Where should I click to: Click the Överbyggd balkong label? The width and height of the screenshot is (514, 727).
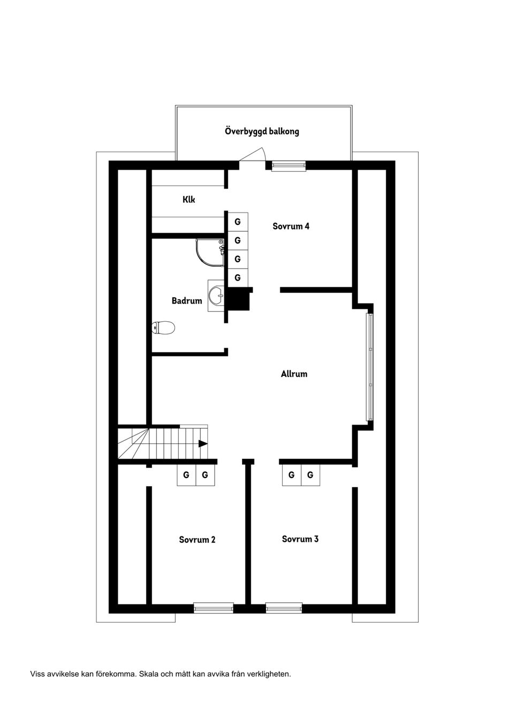(x=262, y=131)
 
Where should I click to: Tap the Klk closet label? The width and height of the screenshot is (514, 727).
(x=188, y=200)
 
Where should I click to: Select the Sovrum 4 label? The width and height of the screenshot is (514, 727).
(x=291, y=226)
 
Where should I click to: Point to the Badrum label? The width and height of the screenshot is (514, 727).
(x=187, y=301)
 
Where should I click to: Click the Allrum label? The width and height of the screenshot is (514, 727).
(x=294, y=374)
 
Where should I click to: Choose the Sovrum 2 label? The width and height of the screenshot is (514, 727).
(x=197, y=540)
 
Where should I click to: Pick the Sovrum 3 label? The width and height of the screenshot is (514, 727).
(x=300, y=539)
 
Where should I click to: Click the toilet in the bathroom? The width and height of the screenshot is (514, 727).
(x=164, y=328)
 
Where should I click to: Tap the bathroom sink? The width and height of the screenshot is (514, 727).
(x=216, y=295)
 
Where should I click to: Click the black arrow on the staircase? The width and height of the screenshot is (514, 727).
(x=203, y=443)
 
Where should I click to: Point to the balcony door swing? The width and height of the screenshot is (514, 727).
(x=253, y=155)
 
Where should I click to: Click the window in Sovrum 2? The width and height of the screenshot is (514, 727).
(x=213, y=608)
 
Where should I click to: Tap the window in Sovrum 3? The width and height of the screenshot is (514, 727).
(x=284, y=608)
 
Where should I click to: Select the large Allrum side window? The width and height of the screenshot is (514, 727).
(x=369, y=367)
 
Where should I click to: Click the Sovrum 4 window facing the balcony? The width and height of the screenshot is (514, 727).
(x=289, y=165)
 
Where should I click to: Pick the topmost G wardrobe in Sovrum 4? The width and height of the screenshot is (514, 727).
(x=238, y=222)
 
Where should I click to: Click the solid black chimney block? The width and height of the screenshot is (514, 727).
(x=238, y=300)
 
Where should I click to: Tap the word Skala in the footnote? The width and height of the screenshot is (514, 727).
(x=150, y=674)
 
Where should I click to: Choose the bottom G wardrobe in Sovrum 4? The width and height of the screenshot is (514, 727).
(x=238, y=278)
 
